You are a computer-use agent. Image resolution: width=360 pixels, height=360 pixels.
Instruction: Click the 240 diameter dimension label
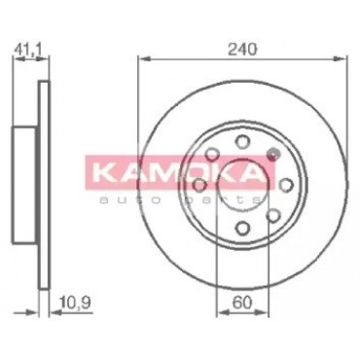click(242, 49)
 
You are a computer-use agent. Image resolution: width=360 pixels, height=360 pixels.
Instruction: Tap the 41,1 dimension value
click(28, 50)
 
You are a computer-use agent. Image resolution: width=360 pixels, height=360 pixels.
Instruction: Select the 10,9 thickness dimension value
click(76, 304)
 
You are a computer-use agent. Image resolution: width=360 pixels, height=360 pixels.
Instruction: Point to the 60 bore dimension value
click(242, 303)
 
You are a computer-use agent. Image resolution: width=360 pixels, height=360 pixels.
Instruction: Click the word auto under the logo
click(128, 200)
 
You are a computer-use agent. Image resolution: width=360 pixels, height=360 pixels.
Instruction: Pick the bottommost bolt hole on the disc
click(242, 228)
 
